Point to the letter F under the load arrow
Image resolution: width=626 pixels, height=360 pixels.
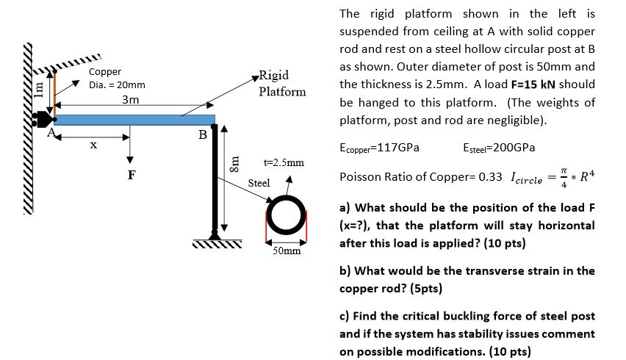(x=131, y=176)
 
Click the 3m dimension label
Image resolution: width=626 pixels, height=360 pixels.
(x=131, y=99)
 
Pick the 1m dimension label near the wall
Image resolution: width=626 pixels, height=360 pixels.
(x=40, y=88)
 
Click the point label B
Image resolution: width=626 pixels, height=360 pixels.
(x=203, y=135)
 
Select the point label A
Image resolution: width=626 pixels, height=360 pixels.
(x=51, y=134)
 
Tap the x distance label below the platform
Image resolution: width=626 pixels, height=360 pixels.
(x=93, y=145)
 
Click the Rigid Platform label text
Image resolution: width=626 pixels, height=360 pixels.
(x=281, y=84)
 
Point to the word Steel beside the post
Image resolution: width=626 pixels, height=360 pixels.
(x=259, y=182)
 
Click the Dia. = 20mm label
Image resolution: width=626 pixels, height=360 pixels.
(x=117, y=84)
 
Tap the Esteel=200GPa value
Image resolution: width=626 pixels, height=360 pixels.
(x=499, y=147)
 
